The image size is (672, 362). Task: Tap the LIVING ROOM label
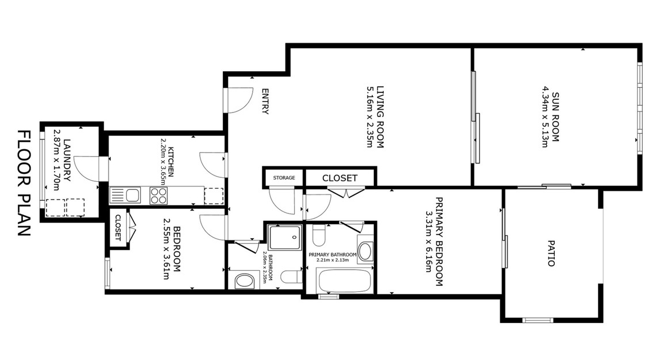pos(380,117)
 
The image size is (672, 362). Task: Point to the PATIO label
pos(551,254)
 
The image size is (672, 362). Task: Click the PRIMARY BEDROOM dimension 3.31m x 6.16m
pos(428,242)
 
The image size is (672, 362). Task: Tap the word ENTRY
pos(265,102)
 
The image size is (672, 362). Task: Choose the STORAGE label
pos(284,178)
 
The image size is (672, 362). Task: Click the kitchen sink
pos(125,196)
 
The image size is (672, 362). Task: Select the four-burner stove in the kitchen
pos(159,196)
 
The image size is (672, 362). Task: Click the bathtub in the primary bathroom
pos(343,281)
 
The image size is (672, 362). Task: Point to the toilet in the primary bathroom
pos(318,235)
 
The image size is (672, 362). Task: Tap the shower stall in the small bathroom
pos(285,237)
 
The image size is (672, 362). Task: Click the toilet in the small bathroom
pos(291,277)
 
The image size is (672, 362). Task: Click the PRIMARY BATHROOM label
pos(333,255)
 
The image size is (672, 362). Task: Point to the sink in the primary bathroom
pos(365,251)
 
